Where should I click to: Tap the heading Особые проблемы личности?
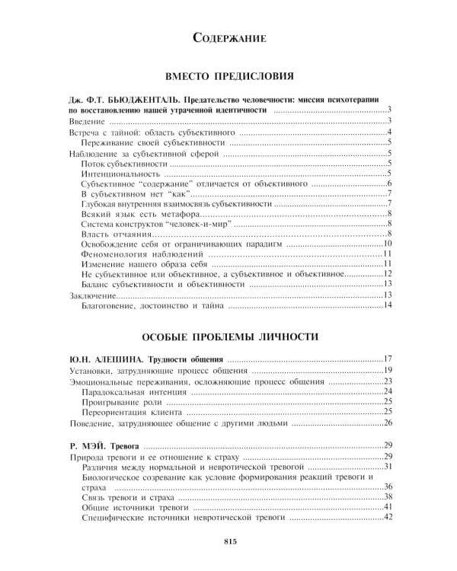click(228, 336)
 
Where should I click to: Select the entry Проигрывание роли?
click(121, 401)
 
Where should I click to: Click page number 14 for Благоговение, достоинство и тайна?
click(386, 306)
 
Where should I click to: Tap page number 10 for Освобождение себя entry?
click(386, 243)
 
